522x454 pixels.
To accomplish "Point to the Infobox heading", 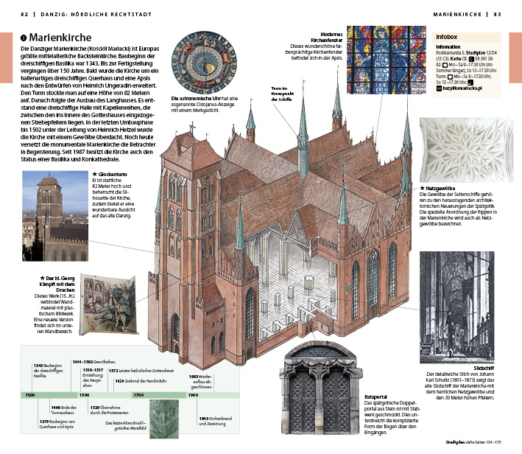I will coord(448,36).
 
